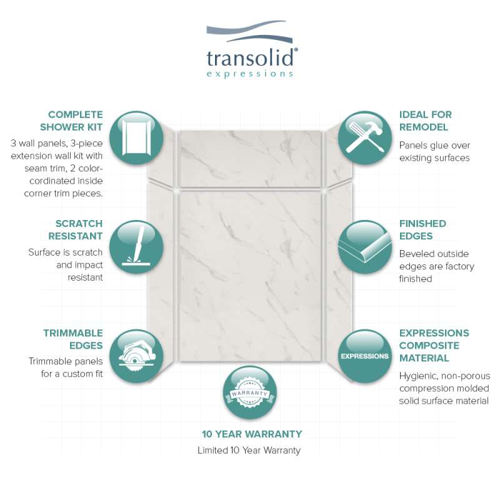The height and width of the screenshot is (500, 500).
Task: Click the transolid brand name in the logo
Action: pos(251,57)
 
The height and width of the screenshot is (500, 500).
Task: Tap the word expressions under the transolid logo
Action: pos(249,74)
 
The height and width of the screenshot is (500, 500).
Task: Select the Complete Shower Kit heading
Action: pos(71,121)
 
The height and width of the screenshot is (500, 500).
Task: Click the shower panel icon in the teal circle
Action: pos(136,137)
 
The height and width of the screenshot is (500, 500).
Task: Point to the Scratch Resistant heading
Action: pos(76,229)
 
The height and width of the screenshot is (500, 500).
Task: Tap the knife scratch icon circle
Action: pos(136,247)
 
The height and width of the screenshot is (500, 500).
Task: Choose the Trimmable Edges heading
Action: pos(73,339)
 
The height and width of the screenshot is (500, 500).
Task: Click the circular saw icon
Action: pos(136,356)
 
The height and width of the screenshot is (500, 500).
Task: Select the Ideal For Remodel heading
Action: pos(426,121)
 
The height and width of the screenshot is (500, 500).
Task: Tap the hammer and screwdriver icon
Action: pos(365,137)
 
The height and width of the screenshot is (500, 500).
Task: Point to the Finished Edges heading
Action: pos(422,229)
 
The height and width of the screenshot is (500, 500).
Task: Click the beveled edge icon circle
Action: pos(365,247)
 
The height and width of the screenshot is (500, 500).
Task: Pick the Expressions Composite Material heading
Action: pos(434,346)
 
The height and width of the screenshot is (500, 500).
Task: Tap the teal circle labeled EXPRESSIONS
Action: pos(365,356)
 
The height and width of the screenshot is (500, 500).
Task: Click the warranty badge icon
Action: pos(249,393)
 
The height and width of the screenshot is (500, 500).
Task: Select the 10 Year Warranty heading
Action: pos(252,434)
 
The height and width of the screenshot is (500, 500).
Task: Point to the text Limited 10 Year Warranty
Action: pos(249,450)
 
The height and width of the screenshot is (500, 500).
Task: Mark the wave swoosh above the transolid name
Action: pos(249,31)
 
